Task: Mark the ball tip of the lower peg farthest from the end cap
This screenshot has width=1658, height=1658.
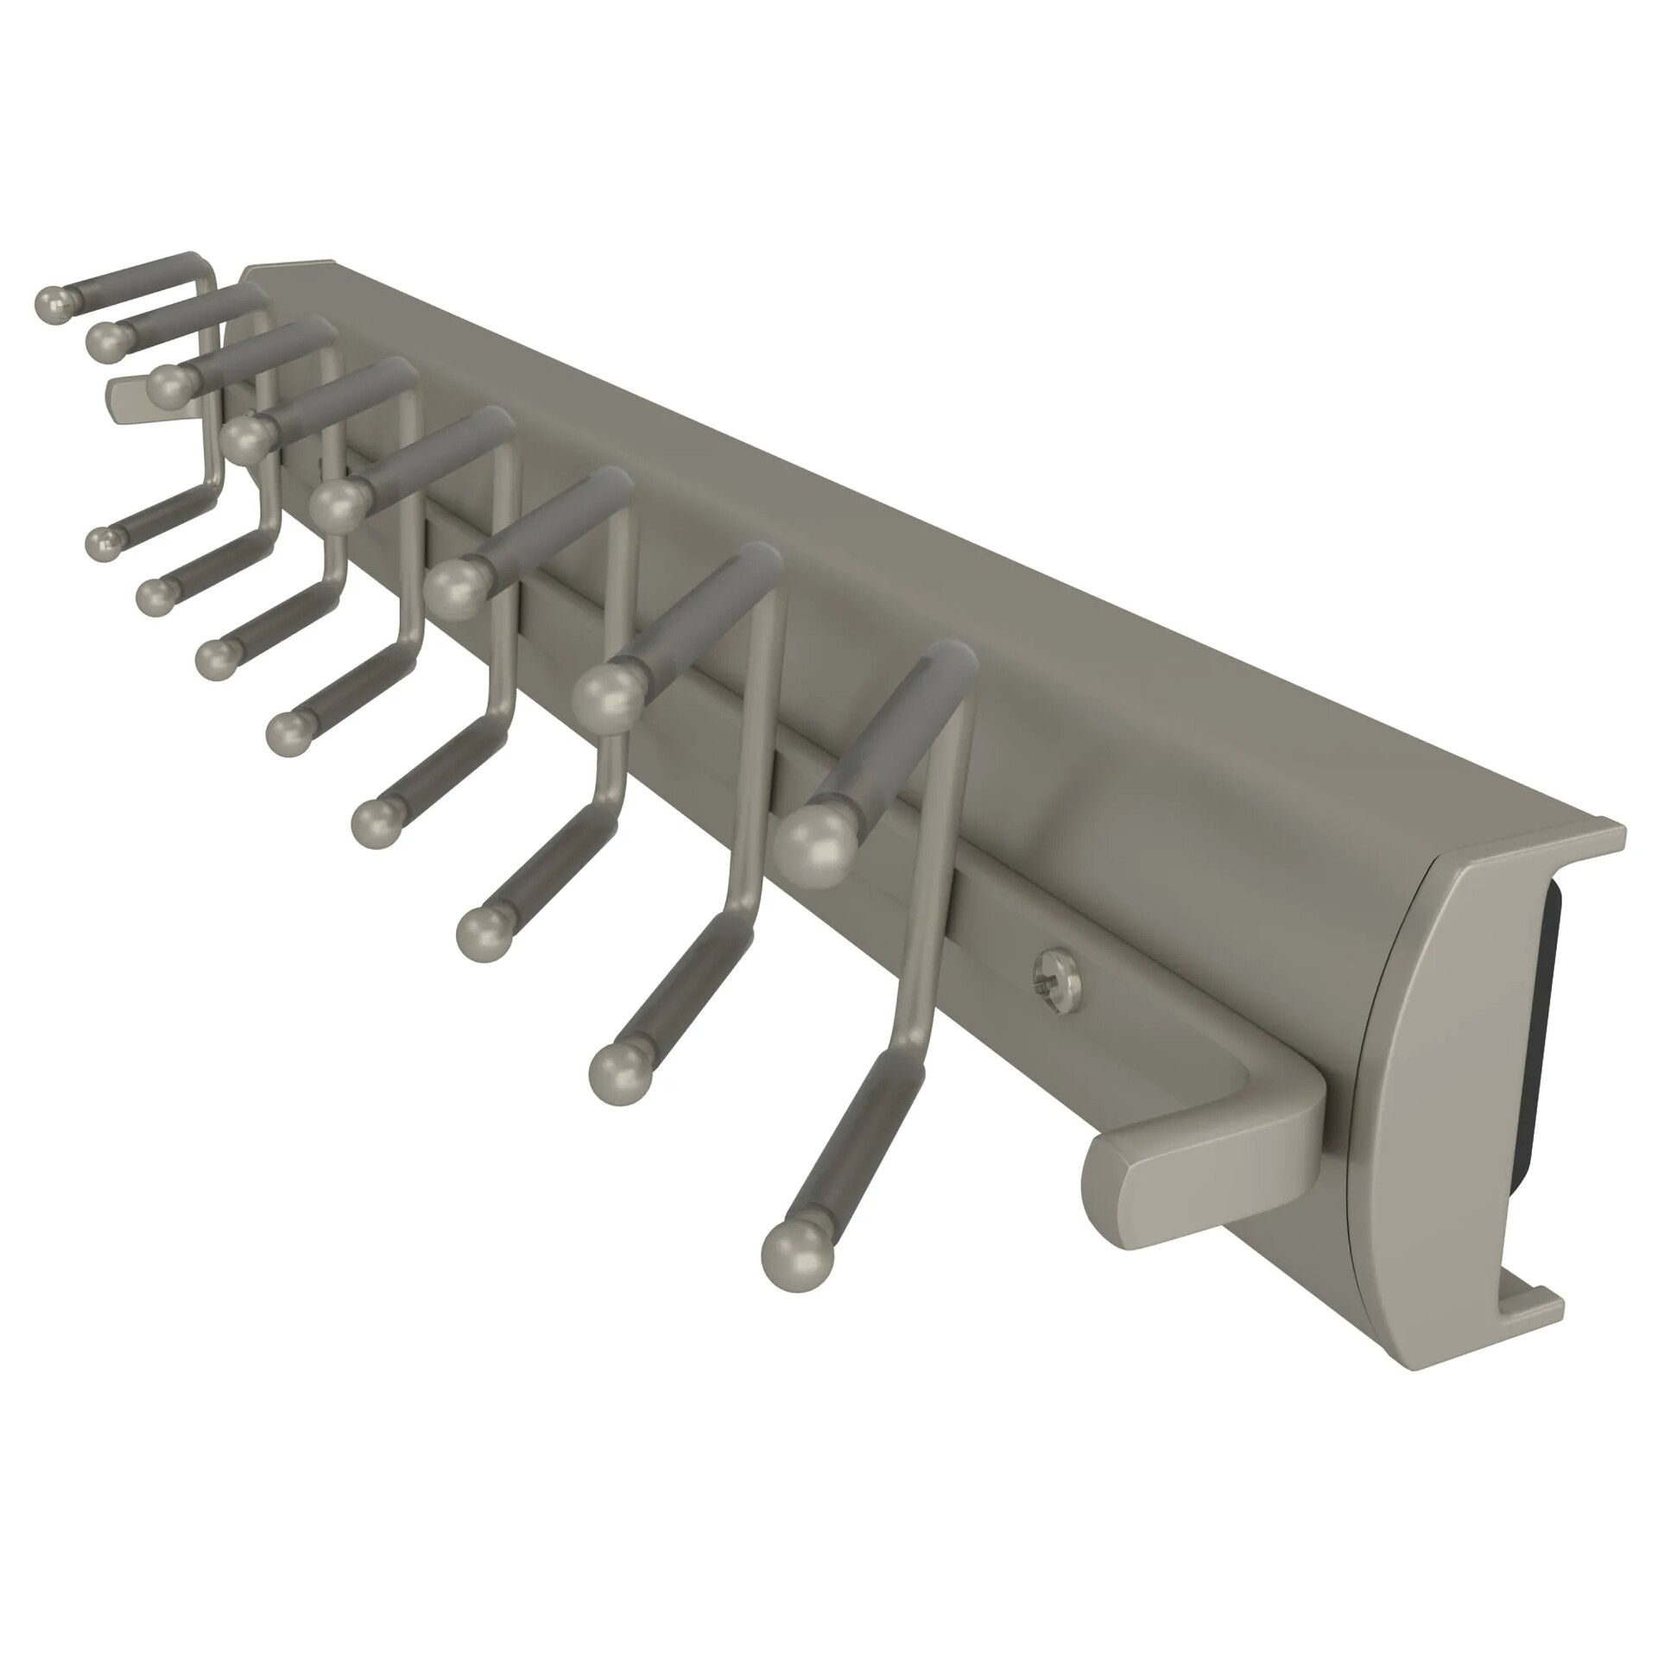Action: click(104, 544)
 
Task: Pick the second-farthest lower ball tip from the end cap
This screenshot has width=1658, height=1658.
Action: click(155, 595)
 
